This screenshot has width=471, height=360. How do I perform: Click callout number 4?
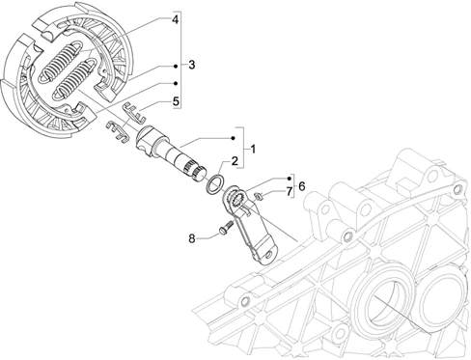pyautogui.click(x=175, y=20)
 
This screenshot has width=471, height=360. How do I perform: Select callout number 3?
pyautogui.click(x=192, y=65)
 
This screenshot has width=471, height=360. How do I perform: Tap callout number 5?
pyautogui.click(x=176, y=101)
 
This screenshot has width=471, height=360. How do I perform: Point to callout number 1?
pyautogui.click(x=253, y=150)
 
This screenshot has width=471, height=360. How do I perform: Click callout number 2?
pyautogui.click(x=235, y=161)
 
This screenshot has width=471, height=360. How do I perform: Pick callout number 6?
pyautogui.click(x=301, y=186)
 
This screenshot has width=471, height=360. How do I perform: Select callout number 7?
pyautogui.click(x=289, y=191)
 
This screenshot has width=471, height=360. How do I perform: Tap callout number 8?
pyautogui.click(x=192, y=238)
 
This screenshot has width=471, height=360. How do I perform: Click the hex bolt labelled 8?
pyautogui.click(x=226, y=227)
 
